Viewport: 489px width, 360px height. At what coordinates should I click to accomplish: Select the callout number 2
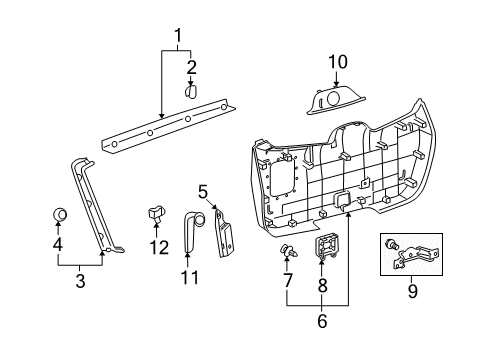click(x=192, y=67)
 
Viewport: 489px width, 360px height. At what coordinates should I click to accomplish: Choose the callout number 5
click(x=202, y=190)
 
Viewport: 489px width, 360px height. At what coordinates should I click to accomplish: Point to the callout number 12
click(x=154, y=245)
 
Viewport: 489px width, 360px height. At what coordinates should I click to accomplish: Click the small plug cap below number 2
click(x=192, y=91)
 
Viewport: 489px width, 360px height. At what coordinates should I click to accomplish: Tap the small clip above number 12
click(x=154, y=213)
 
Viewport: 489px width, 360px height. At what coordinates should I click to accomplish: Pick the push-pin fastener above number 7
click(x=288, y=250)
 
